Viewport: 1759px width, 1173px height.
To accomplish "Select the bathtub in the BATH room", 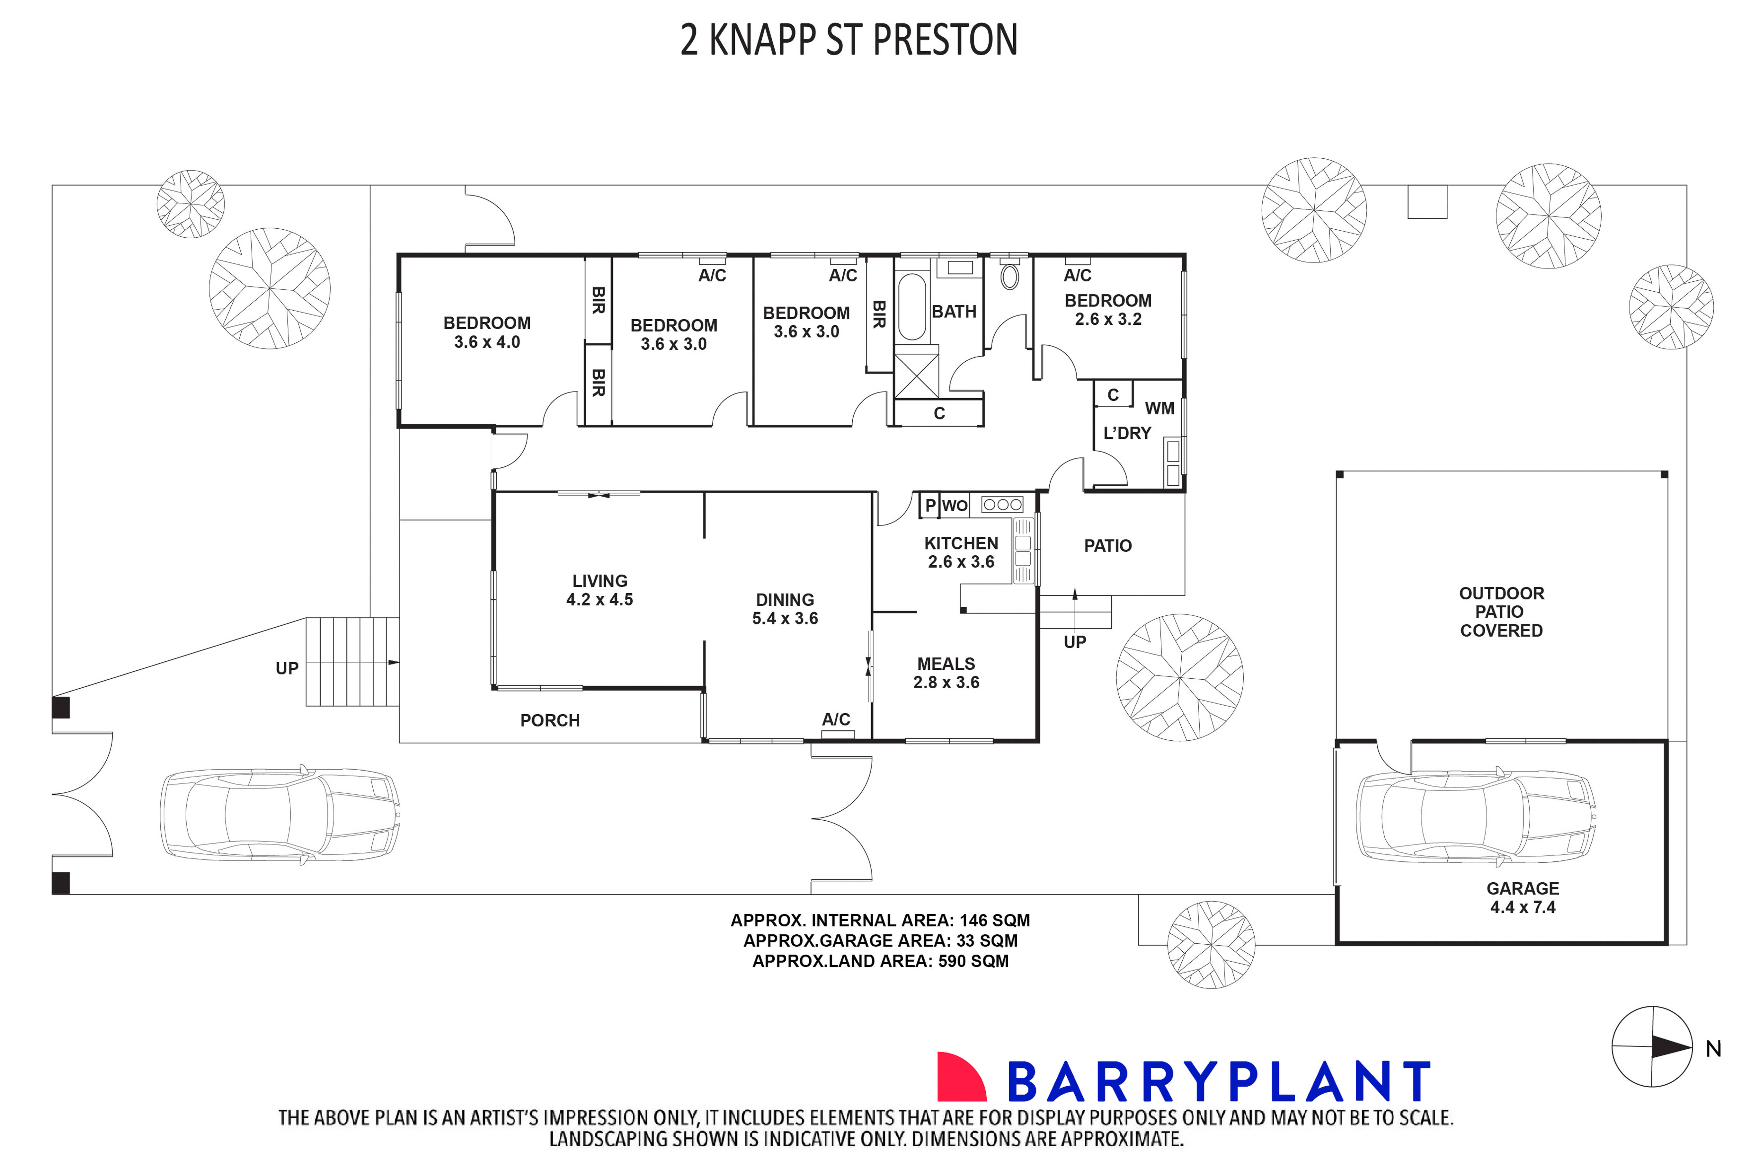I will point(911,307).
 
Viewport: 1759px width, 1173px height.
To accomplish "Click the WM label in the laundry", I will point(1159,409).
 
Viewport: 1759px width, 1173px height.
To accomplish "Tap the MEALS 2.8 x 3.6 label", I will point(946,673).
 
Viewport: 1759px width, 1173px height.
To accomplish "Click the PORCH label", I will point(550,720).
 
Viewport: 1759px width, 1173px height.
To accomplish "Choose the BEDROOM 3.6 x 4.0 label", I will point(487,332).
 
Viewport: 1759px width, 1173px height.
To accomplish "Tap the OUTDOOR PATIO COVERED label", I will point(1501,612).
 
